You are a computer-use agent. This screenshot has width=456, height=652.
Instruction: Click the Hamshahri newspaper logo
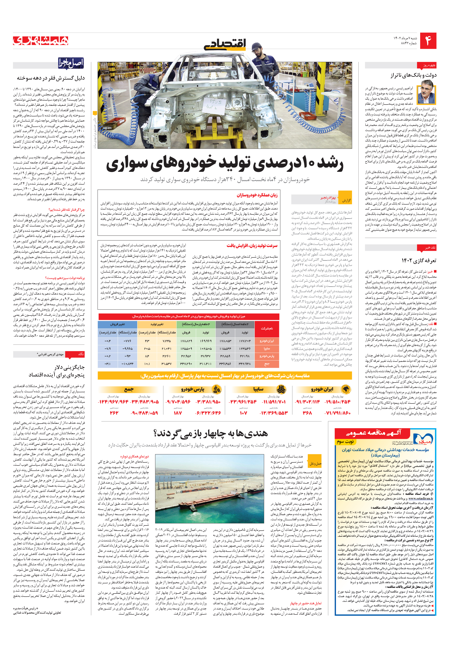tap(41, 41)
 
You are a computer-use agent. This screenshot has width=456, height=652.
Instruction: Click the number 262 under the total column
tap(114, 413)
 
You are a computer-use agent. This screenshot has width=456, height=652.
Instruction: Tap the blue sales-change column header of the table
tap(118, 324)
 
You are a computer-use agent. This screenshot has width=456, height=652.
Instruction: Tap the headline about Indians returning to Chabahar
tap(210, 433)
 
